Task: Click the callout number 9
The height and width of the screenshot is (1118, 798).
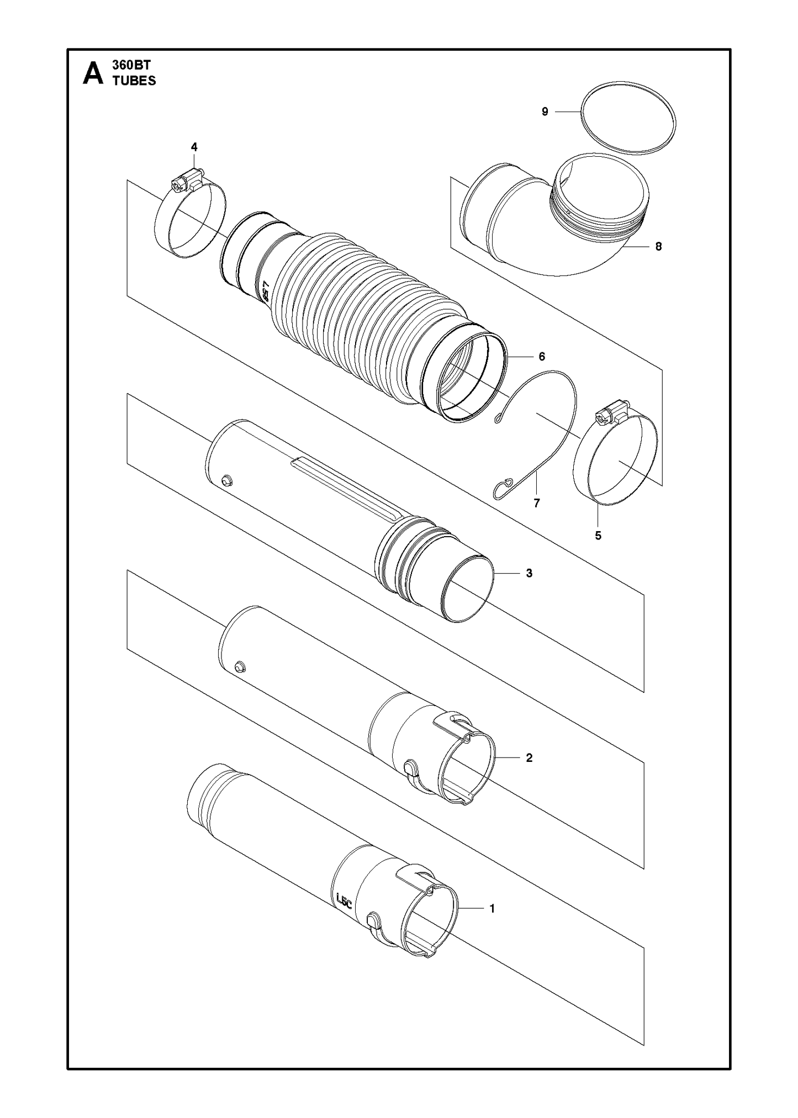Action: point(545,112)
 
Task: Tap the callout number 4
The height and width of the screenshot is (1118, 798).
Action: point(194,147)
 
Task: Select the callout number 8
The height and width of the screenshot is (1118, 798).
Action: point(658,247)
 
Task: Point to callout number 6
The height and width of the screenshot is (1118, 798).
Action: point(542,357)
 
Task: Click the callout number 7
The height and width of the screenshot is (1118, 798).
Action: point(536,503)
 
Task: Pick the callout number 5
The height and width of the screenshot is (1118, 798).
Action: point(598,536)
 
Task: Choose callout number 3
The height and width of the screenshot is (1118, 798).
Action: point(529,573)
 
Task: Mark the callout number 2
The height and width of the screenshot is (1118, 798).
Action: point(529,758)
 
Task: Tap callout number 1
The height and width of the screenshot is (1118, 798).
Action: point(492,908)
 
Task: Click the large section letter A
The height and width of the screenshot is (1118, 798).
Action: point(93,73)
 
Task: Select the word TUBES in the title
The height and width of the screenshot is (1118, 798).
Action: point(134,81)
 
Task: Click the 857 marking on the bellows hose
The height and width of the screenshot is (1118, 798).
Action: point(266,291)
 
